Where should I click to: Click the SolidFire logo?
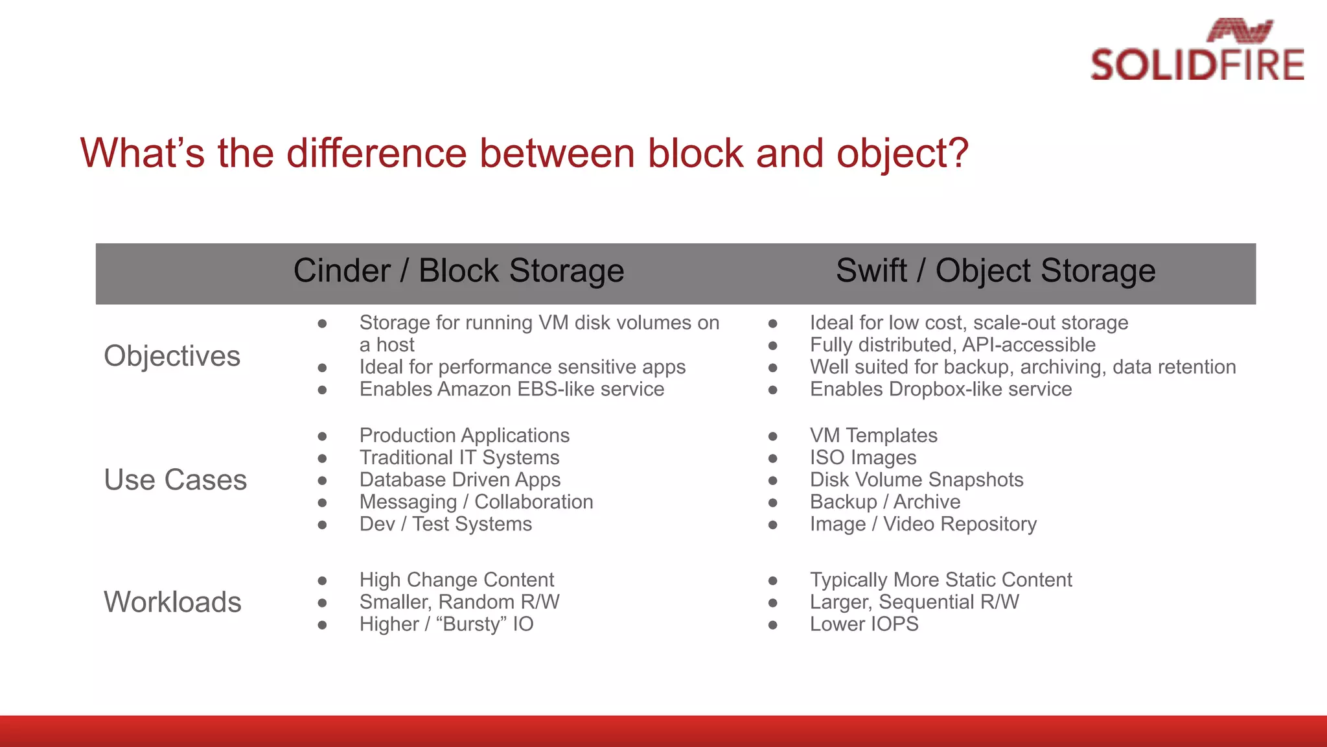pyautogui.click(x=1197, y=51)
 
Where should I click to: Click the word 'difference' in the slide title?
pyautogui.click(x=376, y=154)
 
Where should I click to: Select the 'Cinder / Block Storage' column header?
pyautogui.click(x=459, y=271)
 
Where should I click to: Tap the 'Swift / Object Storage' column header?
pyautogui.click(x=995, y=271)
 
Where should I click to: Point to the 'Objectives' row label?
pyautogui.click(x=172, y=356)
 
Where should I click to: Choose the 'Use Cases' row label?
pyautogui.click(x=176, y=480)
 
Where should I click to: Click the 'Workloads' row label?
pyautogui.click(x=173, y=602)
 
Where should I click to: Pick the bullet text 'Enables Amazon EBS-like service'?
pyautogui.click(x=512, y=389)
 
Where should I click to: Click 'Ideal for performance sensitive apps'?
pyautogui.click(x=522, y=367)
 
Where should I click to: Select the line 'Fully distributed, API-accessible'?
pyautogui.click(x=952, y=345)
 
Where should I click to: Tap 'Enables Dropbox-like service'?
pyautogui.click(x=941, y=389)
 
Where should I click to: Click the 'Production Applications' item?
pyautogui.click(x=465, y=436)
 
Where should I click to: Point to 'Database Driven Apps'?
pyautogui.click(x=460, y=480)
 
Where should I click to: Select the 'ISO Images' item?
pyautogui.click(x=863, y=458)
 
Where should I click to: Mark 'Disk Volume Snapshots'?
pyautogui.click(x=916, y=480)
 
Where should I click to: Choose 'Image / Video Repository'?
pyautogui.click(x=923, y=524)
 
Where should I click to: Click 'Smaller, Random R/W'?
pyautogui.click(x=459, y=602)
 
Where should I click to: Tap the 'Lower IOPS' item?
pyautogui.click(x=864, y=624)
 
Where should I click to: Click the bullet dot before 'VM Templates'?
pyautogui.click(x=772, y=436)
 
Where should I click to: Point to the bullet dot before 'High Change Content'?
pyautogui.click(x=322, y=580)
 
